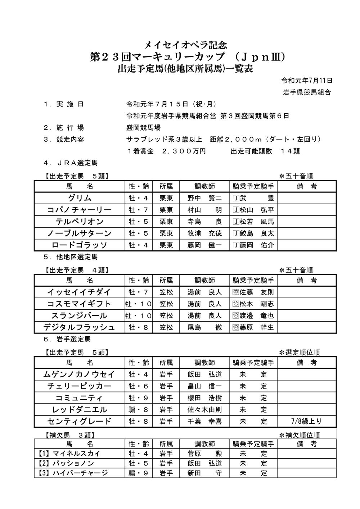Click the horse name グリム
click(80, 198)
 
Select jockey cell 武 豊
click(253, 198)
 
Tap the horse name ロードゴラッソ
click(80, 245)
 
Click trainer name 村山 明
click(204, 210)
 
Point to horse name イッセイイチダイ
click(80, 292)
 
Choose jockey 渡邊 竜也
click(253, 316)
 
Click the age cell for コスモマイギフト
click(139, 304)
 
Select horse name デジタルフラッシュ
click(80, 327)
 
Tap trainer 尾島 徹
click(204, 327)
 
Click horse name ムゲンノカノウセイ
click(80, 374)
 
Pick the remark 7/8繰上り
click(306, 421)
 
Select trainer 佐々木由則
click(204, 409)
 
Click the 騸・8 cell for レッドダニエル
click(139, 409)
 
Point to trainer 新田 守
click(204, 473)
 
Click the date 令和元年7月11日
click(307, 81)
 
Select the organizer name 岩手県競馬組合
click(307, 92)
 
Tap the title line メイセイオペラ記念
click(185, 45)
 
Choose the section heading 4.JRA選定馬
click(71, 163)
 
